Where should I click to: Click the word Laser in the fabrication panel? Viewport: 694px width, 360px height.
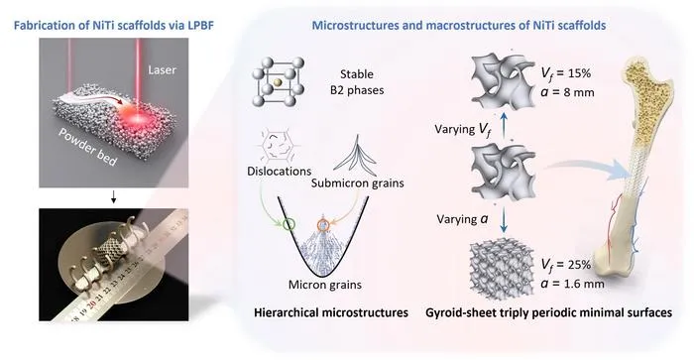[x=162, y=70]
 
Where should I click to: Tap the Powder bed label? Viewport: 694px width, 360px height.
[x=87, y=148]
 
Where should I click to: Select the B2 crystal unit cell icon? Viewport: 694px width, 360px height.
[x=278, y=82]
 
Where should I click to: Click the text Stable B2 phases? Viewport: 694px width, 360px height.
[x=357, y=82]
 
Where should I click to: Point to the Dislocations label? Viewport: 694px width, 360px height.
[x=280, y=171]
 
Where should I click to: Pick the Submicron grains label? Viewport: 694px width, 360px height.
[x=358, y=182]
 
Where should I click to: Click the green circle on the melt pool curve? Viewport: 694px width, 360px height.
[x=289, y=224]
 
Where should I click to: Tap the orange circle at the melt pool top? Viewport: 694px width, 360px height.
[x=323, y=225]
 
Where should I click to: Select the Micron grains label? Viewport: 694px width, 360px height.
[x=325, y=285]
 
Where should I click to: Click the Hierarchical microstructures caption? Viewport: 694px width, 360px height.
[x=331, y=312]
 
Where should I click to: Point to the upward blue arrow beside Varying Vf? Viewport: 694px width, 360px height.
[x=504, y=125]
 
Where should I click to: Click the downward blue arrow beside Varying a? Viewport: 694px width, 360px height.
[x=504, y=220]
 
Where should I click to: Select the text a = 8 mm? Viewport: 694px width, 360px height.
[x=567, y=92]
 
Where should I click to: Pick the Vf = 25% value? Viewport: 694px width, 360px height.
[x=566, y=265]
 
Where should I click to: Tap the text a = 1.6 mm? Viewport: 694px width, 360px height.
[x=572, y=283]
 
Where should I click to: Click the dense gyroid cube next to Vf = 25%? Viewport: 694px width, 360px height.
[x=503, y=265]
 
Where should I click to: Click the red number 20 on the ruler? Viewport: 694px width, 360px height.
[x=92, y=303]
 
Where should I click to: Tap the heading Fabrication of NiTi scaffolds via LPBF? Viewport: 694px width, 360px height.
[x=114, y=25]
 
